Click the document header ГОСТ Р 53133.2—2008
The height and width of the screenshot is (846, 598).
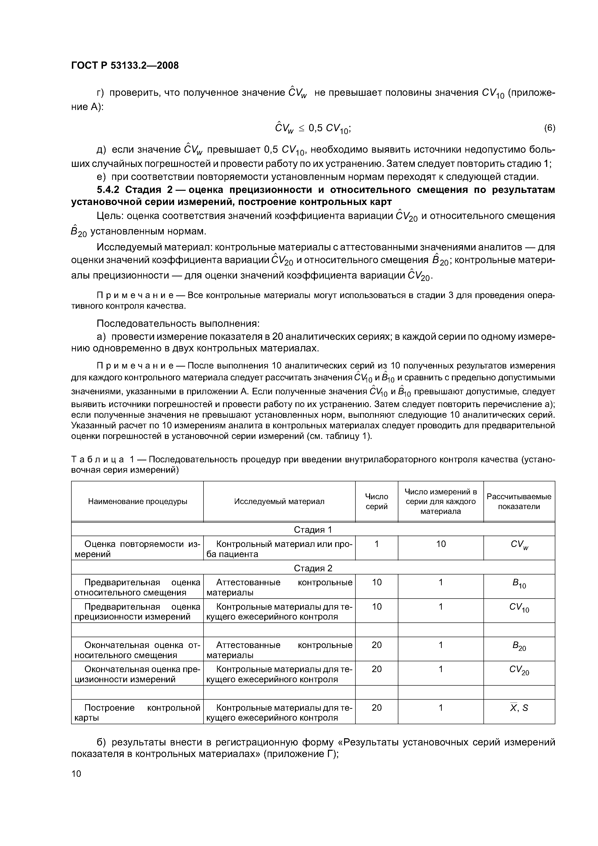tap(124, 66)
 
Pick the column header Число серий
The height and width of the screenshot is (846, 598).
tap(376, 501)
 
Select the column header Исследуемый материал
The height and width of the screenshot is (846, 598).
tap(279, 501)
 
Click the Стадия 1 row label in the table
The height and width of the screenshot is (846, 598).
tap(313, 530)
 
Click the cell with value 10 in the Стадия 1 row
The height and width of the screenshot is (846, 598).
tap(441, 544)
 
